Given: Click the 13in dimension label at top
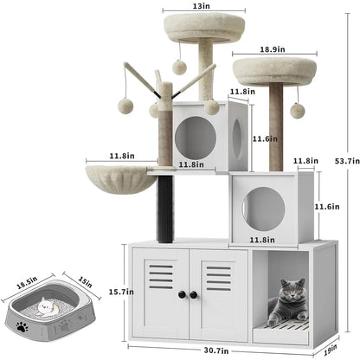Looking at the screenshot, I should (201, 7).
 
